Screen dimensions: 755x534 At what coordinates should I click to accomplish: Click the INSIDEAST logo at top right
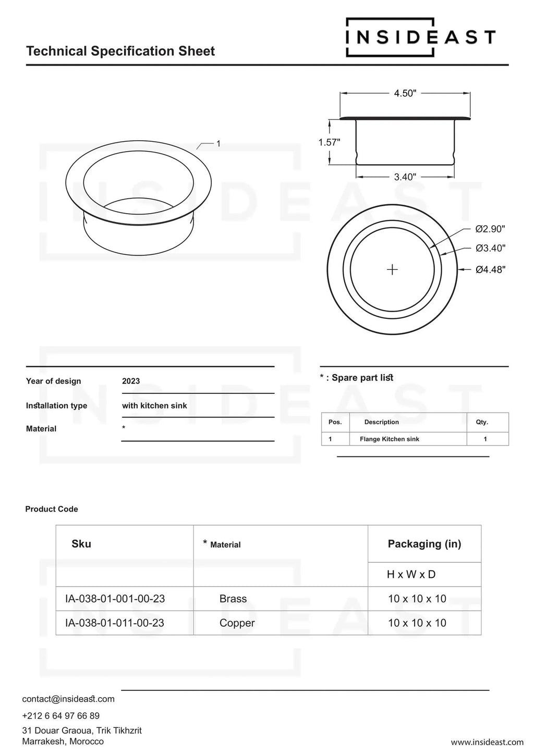point(420,37)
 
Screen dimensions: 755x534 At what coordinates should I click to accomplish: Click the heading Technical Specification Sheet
point(120,51)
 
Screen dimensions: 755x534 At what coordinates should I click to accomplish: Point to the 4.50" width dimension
point(405,93)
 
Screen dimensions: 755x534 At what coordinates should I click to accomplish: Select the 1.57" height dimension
point(329,142)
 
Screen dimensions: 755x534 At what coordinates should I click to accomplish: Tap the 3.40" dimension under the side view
point(405,177)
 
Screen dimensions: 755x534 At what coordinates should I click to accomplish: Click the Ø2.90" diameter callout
point(490,229)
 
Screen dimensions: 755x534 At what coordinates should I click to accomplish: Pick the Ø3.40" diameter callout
point(490,248)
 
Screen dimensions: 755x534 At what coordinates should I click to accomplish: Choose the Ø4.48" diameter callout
point(490,269)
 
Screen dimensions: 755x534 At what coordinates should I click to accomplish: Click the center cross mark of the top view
point(392,269)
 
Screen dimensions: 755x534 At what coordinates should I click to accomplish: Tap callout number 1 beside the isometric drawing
point(219,143)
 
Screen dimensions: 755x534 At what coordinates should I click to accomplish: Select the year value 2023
point(131,381)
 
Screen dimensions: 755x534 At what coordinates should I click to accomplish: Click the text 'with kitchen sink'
point(154,405)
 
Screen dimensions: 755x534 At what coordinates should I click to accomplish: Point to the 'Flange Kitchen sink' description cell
point(389,439)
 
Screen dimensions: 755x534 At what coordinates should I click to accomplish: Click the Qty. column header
point(482,422)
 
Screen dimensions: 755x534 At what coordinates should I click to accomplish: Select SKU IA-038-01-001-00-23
point(115,599)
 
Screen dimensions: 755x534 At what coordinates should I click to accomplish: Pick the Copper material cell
point(237,623)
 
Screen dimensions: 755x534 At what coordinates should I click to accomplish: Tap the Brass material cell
point(233,599)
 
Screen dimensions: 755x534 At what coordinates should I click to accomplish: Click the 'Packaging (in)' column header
point(424,544)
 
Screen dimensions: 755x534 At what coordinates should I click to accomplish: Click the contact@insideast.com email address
point(68,699)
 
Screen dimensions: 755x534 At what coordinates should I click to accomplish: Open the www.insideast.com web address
point(487,742)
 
